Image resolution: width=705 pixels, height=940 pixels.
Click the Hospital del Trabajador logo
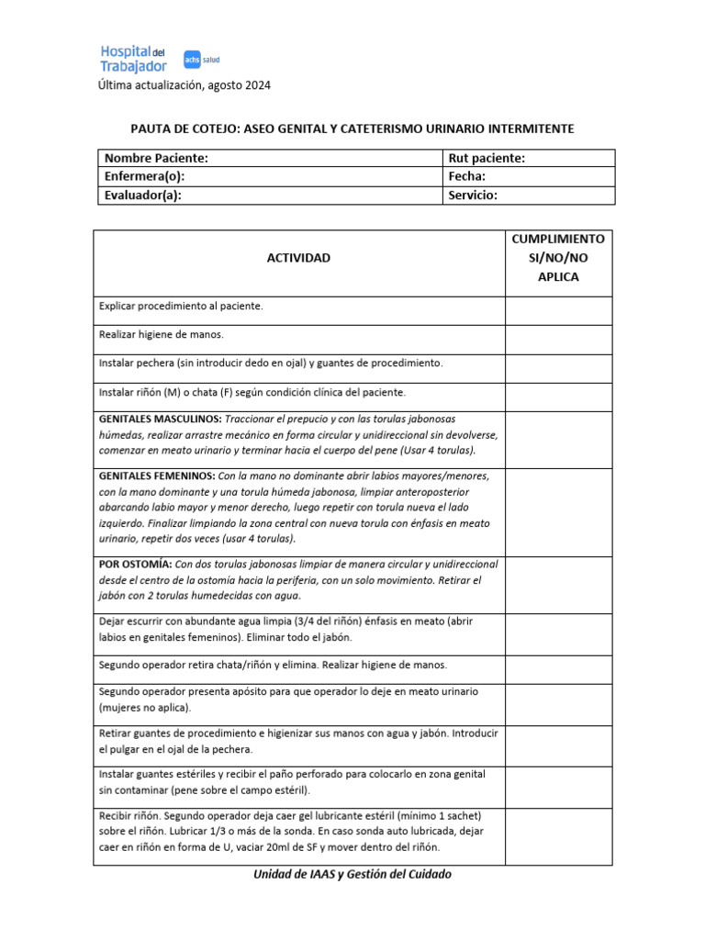[133, 59]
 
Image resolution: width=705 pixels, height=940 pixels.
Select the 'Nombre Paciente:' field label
[156, 158]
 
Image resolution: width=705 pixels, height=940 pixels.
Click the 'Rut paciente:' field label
[487, 158]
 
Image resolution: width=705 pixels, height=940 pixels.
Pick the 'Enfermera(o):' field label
[151, 176]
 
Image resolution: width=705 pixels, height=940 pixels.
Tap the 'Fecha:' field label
[467, 176]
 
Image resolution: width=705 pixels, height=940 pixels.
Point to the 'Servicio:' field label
[473, 195]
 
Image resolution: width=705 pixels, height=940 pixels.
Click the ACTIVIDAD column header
[298, 258]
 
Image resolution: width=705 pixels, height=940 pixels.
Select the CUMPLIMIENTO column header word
[558, 239]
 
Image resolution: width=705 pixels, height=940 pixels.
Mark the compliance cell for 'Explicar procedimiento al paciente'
[558, 310]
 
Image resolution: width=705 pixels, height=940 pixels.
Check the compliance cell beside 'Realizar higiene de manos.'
[558, 340]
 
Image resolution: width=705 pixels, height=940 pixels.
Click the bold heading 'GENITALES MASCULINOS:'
[160, 419]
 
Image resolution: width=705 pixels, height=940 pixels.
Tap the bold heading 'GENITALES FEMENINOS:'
[157, 476]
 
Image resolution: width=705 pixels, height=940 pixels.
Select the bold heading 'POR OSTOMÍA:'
[134, 564]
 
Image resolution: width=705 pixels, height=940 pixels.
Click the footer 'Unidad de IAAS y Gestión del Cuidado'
[352, 874]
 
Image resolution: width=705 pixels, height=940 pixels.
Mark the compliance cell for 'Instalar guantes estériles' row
[558, 787]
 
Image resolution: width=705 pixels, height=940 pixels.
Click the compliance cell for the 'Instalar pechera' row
[558, 368]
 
